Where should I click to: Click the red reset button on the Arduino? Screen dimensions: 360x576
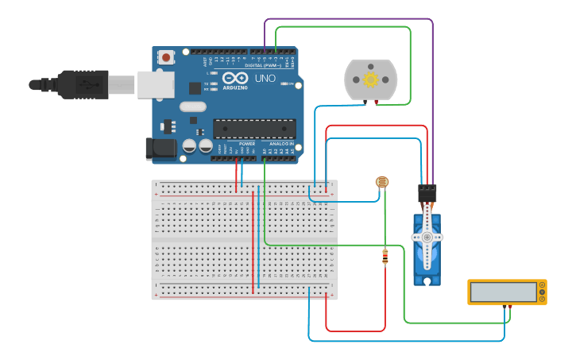[x=166, y=57]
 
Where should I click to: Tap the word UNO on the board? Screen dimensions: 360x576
[x=265, y=79]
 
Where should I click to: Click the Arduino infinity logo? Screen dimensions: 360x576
[x=234, y=78]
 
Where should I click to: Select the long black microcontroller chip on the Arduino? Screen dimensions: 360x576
[x=254, y=129]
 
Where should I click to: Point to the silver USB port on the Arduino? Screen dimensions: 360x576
[x=156, y=84]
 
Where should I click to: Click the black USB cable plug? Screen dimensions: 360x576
[x=79, y=83]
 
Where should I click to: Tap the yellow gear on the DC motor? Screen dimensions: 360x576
[x=370, y=79]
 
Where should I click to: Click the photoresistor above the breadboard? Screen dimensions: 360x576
[x=382, y=182]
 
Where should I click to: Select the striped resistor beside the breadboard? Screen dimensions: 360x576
[x=385, y=256]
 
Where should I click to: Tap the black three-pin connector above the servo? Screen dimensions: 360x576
[x=427, y=193]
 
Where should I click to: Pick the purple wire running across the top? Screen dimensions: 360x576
[x=350, y=19]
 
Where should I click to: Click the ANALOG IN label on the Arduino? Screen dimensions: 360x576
[x=279, y=144]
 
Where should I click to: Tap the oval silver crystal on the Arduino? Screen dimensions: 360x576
[x=193, y=106]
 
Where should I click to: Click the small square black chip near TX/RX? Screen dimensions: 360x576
[x=195, y=87]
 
